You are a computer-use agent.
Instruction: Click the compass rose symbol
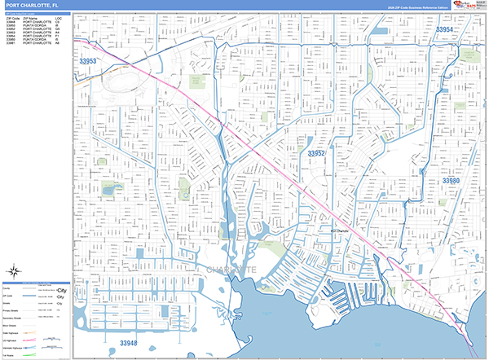pyautogui.click(x=15, y=271)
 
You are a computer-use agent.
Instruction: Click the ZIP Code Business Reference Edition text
pyautogui.click(x=424, y=8)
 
